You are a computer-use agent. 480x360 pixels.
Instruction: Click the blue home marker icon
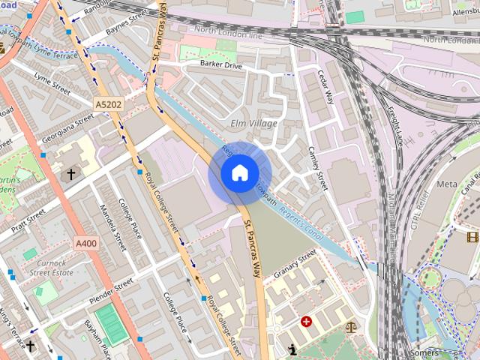coord(238,173)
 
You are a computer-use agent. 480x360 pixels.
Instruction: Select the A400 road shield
coord(85,243)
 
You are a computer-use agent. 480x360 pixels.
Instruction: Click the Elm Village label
coord(254,123)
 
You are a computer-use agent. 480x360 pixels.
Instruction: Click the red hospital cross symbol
coord(306,322)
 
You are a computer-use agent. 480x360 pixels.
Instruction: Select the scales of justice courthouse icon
coord(351,327)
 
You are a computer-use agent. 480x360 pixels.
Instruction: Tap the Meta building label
coord(446,184)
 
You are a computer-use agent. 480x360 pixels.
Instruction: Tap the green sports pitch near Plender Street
coord(111,324)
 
